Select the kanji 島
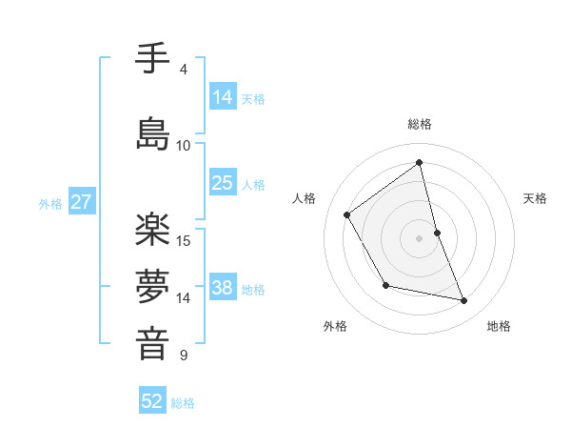pyautogui.click(x=152, y=132)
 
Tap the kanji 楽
pyautogui.click(x=152, y=229)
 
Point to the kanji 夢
pyautogui.click(x=152, y=285)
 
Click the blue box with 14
pyautogui.click(x=223, y=97)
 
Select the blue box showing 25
pyautogui.click(x=223, y=183)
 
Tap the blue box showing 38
pyautogui.click(x=223, y=288)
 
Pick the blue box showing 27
pyautogui.click(x=81, y=202)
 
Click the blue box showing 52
pyautogui.click(x=152, y=401)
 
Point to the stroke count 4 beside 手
pyautogui.click(x=183, y=69)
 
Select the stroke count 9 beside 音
pyautogui.click(x=183, y=356)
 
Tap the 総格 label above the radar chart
pyautogui.click(x=420, y=124)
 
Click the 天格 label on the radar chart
pyautogui.click(x=536, y=198)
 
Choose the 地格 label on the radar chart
pyautogui.click(x=499, y=326)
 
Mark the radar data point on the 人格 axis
pyautogui.click(x=347, y=214)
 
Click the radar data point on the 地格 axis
pyautogui.click(x=464, y=300)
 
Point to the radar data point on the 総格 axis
pyautogui.click(x=420, y=162)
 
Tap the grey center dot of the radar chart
pyautogui.click(x=420, y=237)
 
